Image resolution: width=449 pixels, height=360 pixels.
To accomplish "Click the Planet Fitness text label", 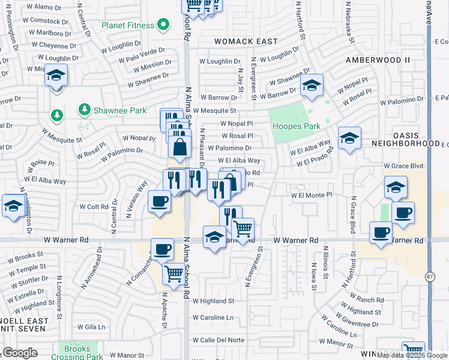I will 127,25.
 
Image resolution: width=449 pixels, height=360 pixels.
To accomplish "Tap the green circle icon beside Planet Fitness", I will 163,25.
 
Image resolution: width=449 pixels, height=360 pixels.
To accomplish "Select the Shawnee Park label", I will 112,110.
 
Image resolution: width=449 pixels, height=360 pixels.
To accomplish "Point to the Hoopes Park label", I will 296,126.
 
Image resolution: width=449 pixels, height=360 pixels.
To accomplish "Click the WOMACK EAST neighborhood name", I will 246,41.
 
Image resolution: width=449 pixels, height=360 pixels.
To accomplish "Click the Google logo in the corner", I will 20,353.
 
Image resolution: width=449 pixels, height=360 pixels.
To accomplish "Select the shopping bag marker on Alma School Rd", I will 179,146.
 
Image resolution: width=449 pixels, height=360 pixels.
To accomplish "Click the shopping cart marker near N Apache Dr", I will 173,274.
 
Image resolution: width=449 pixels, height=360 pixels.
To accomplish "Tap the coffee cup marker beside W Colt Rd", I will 158,200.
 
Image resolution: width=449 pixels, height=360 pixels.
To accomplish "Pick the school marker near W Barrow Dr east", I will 312,86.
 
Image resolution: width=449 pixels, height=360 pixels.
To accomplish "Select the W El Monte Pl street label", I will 311,195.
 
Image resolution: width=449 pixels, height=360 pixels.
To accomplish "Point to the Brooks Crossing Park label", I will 78,352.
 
